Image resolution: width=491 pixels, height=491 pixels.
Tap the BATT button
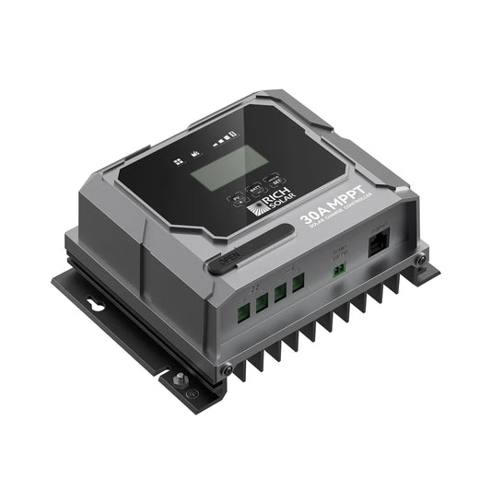[253, 185]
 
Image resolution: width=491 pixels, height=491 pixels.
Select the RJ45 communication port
[379, 246]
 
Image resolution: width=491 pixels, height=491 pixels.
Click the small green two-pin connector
[341, 268]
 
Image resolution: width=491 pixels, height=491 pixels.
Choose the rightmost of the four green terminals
[298, 285]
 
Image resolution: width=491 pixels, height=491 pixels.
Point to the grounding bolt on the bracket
[177, 377]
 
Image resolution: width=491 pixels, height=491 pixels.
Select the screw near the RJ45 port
[419, 261]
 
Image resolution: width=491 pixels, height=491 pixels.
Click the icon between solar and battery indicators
[194, 153]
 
